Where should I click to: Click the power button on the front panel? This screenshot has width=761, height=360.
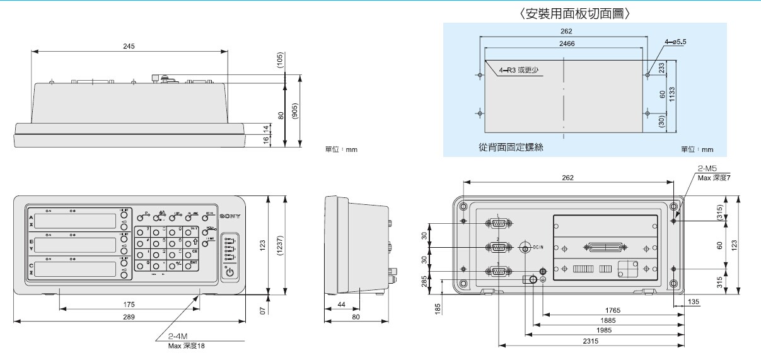[x=229, y=272]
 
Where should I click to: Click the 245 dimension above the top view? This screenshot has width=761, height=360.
[x=129, y=47]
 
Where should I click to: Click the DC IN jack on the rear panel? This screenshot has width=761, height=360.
[x=525, y=248]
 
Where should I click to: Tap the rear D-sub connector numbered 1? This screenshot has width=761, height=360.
[x=498, y=223]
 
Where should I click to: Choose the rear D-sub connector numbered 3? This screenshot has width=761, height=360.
[x=498, y=271]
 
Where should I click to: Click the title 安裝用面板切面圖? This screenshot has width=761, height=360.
[x=574, y=13]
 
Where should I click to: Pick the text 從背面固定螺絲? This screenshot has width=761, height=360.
[x=511, y=148]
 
